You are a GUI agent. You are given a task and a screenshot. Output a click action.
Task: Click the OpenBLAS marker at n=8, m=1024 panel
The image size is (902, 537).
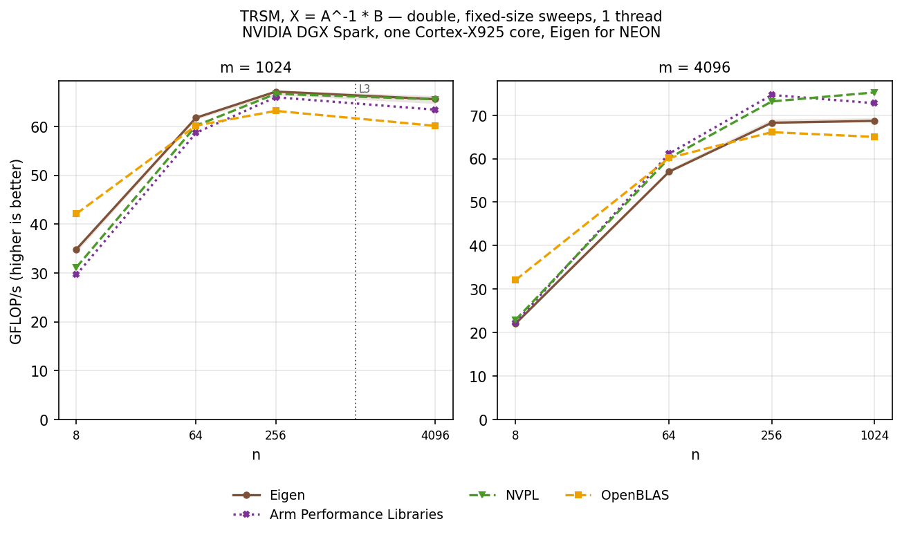tap(76, 214)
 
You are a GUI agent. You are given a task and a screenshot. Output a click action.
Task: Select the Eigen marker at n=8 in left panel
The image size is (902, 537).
tap(76, 249)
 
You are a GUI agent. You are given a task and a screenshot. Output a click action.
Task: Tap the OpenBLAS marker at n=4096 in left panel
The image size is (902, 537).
tap(435, 126)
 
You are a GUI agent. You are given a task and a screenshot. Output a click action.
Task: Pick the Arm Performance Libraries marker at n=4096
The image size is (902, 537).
tap(435, 110)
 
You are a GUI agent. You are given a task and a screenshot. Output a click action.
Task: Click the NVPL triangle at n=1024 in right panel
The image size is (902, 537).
tap(874, 93)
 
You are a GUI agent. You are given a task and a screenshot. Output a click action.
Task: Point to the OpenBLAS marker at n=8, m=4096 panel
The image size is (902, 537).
tap(515, 280)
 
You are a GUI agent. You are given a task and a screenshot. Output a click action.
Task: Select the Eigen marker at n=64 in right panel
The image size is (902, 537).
tap(669, 172)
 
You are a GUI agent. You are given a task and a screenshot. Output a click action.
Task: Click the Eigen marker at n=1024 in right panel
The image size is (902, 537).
tap(874, 121)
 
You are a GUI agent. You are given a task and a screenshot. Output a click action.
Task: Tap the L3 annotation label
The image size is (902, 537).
tap(365, 89)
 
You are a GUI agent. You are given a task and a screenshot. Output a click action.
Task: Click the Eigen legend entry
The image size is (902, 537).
tap(268, 495)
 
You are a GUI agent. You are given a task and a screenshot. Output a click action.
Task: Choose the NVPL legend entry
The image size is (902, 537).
tap(504, 495)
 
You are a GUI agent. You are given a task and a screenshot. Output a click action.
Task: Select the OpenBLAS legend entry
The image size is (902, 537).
tap(617, 495)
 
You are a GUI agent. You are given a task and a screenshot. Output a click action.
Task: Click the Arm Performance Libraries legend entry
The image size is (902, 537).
tap(338, 514)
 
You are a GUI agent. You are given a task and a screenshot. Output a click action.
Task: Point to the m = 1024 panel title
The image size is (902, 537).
tap(256, 68)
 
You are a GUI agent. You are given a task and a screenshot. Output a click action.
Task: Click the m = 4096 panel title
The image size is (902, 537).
tap(694, 68)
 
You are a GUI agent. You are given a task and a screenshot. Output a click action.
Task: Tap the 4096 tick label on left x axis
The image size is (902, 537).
tap(435, 435)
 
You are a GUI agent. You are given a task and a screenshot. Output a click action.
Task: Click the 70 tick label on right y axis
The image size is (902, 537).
tap(478, 116)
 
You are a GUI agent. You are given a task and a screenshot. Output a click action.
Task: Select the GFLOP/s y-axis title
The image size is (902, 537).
tap(16, 252)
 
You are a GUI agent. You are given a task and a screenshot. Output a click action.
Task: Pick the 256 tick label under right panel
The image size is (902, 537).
tap(771, 435)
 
